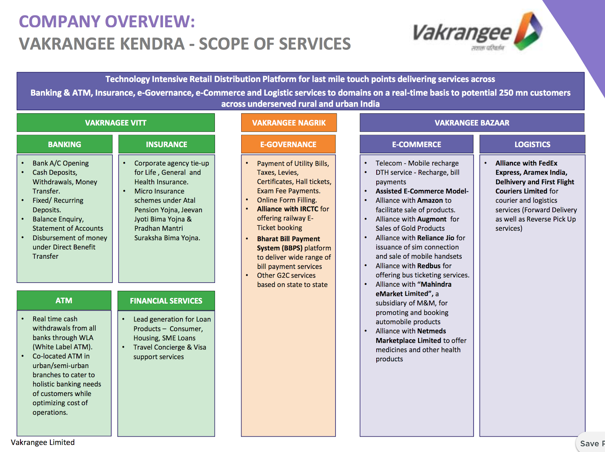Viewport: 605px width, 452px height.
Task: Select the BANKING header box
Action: [64, 144]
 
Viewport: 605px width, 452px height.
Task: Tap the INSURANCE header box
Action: [166, 144]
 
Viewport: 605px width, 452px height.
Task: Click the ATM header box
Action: [64, 301]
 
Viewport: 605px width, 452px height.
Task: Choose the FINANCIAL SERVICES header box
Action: [166, 301]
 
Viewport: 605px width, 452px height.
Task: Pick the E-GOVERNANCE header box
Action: [288, 144]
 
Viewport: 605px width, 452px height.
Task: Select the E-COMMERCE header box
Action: [416, 144]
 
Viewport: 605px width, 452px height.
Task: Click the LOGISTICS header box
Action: [532, 144]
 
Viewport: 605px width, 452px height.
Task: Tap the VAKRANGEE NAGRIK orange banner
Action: [289, 123]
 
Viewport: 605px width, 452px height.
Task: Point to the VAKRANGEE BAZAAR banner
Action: [472, 123]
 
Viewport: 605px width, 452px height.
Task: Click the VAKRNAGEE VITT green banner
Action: [116, 123]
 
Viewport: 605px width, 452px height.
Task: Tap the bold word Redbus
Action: [429, 266]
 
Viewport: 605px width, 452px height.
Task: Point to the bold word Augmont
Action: [432, 219]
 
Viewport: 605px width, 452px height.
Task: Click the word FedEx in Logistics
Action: [548, 163]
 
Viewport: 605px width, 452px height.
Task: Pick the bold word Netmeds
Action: [431, 331]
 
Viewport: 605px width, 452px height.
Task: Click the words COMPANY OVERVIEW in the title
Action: [107, 22]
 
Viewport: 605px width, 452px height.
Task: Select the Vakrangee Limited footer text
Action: [43, 442]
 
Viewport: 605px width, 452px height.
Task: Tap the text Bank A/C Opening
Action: [60, 163]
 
